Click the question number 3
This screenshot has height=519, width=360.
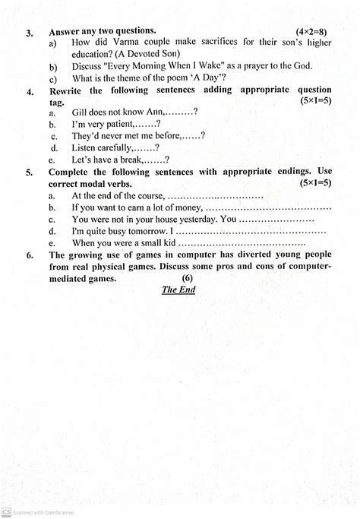coord(29,33)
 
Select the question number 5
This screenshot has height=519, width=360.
coord(30,173)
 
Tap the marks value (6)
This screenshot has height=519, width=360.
coord(188,278)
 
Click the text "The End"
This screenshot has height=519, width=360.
coord(179,290)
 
